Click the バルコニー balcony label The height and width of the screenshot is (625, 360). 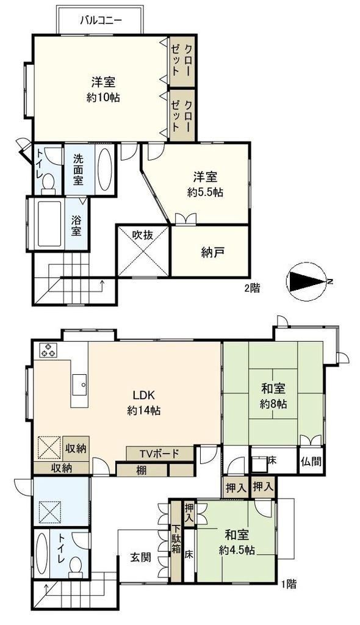tap(101, 20)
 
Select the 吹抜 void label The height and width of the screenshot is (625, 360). tap(143, 235)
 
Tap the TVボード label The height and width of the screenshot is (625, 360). tap(159, 453)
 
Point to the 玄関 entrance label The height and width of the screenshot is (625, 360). tap(141, 557)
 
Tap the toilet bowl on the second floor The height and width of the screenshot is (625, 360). tap(49, 184)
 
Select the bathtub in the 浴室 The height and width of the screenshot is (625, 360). tap(49, 223)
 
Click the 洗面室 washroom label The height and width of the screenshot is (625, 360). tap(78, 169)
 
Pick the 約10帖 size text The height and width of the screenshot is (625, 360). tap(103, 97)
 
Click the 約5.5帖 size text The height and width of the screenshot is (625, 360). tap(205, 192)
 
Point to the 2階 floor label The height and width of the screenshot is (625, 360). tap(251, 289)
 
